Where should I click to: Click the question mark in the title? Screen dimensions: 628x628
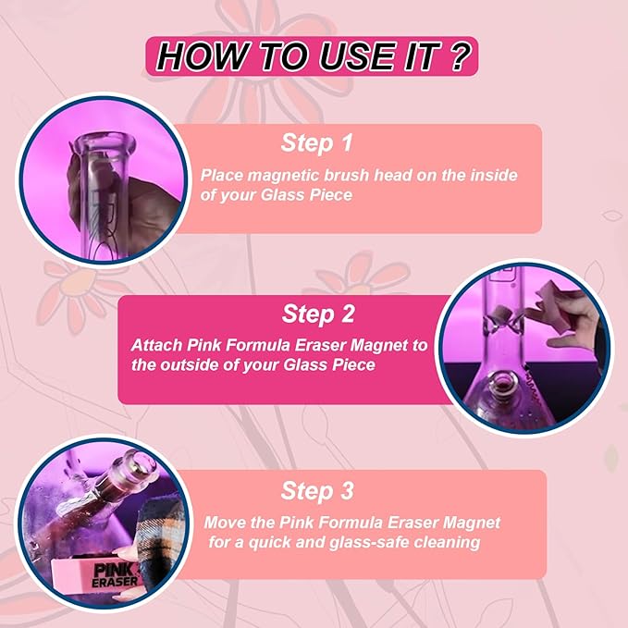pyautogui.click(x=461, y=56)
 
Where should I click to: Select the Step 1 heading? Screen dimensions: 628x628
pyautogui.click(x=317, y=143)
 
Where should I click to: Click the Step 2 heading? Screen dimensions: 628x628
pyautogui.click(x=318, y=314)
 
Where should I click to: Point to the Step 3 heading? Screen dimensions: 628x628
pyautogui.click(x=317, y=491)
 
